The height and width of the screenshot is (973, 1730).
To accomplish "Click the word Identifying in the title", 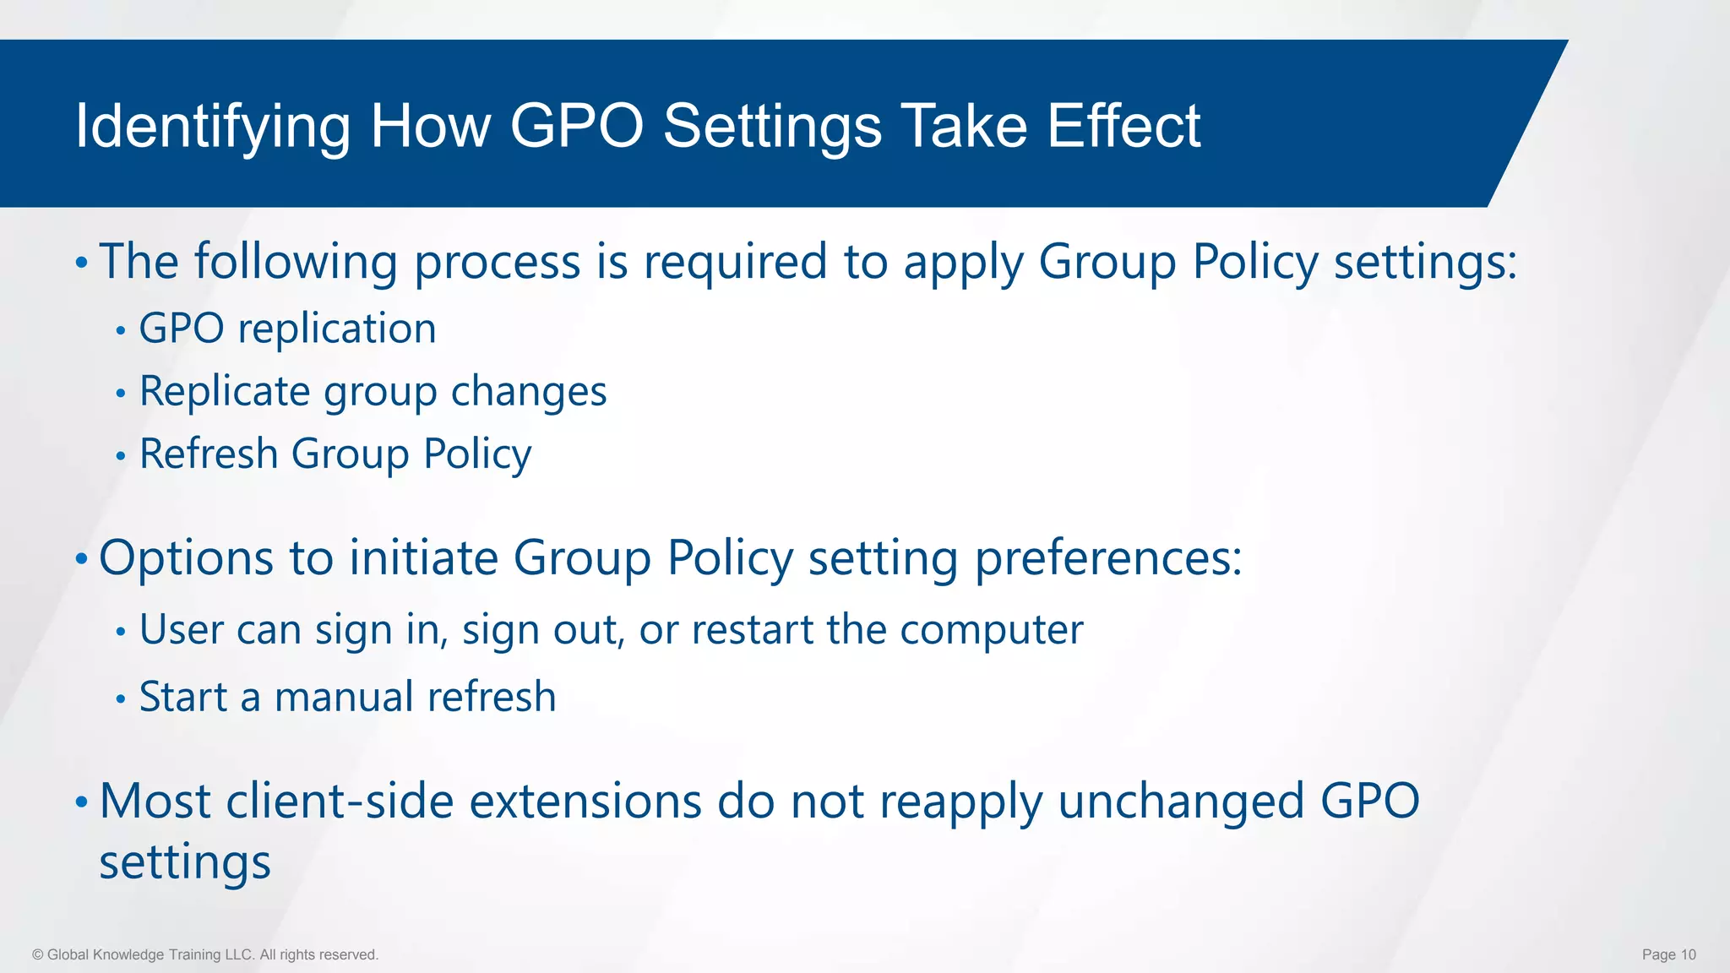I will (212, 127).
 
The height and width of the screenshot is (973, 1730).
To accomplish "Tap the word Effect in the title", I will (1123, 127).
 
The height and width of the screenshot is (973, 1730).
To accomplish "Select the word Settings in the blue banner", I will (772, 127).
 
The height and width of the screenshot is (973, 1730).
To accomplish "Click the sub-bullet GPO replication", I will (287, 329).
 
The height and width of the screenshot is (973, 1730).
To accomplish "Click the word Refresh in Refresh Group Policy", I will (209, 454).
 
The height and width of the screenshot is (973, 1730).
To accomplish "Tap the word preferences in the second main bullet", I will (1107, 559).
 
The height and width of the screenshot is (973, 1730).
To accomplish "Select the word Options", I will (186, 559).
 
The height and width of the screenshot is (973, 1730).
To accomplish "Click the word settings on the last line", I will (185, 863).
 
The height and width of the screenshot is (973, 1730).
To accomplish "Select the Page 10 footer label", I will (1668, 954).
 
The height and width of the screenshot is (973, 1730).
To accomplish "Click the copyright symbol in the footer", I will (38, 954).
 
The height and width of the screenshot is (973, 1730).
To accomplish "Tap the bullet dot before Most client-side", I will (81, 801).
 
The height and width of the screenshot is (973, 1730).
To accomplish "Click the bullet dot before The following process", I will (81, 263).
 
